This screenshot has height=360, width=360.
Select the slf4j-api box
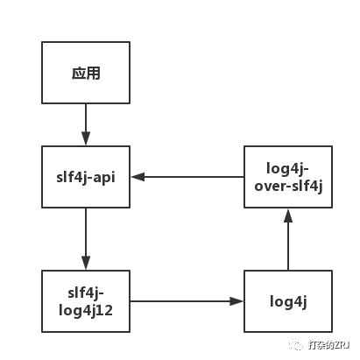pyautogui.click(x=86, y=177)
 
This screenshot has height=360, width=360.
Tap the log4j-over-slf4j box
pyautogui.click(x=287, y=177)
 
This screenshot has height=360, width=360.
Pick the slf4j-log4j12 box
pyautogui.click(x=86, y=300)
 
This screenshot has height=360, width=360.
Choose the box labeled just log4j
pyautogui.click(x=287, y=300)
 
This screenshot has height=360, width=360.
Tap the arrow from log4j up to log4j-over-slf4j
pyautogui.click(x=287, y=241)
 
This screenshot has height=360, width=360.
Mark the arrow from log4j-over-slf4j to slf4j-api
pyautogui.click(x=188, y=177)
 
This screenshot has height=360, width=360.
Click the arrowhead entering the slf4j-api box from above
pyautogui.click(x=86, y=139)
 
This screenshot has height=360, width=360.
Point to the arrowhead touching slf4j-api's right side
pyautogui.click(x=138, y=177)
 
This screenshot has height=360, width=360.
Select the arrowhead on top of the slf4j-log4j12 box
pyautogui.click(x=86, y=264)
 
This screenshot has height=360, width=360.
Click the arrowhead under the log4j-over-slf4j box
pyautogui.click(x=287, y=215)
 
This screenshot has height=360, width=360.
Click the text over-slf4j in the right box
pyautogui.click(x=287, y=185)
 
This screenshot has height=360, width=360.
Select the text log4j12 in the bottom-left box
pyautogui.click(x=86, y=309)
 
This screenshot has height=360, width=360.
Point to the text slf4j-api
pyautogui.click(x=86, y=177)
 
